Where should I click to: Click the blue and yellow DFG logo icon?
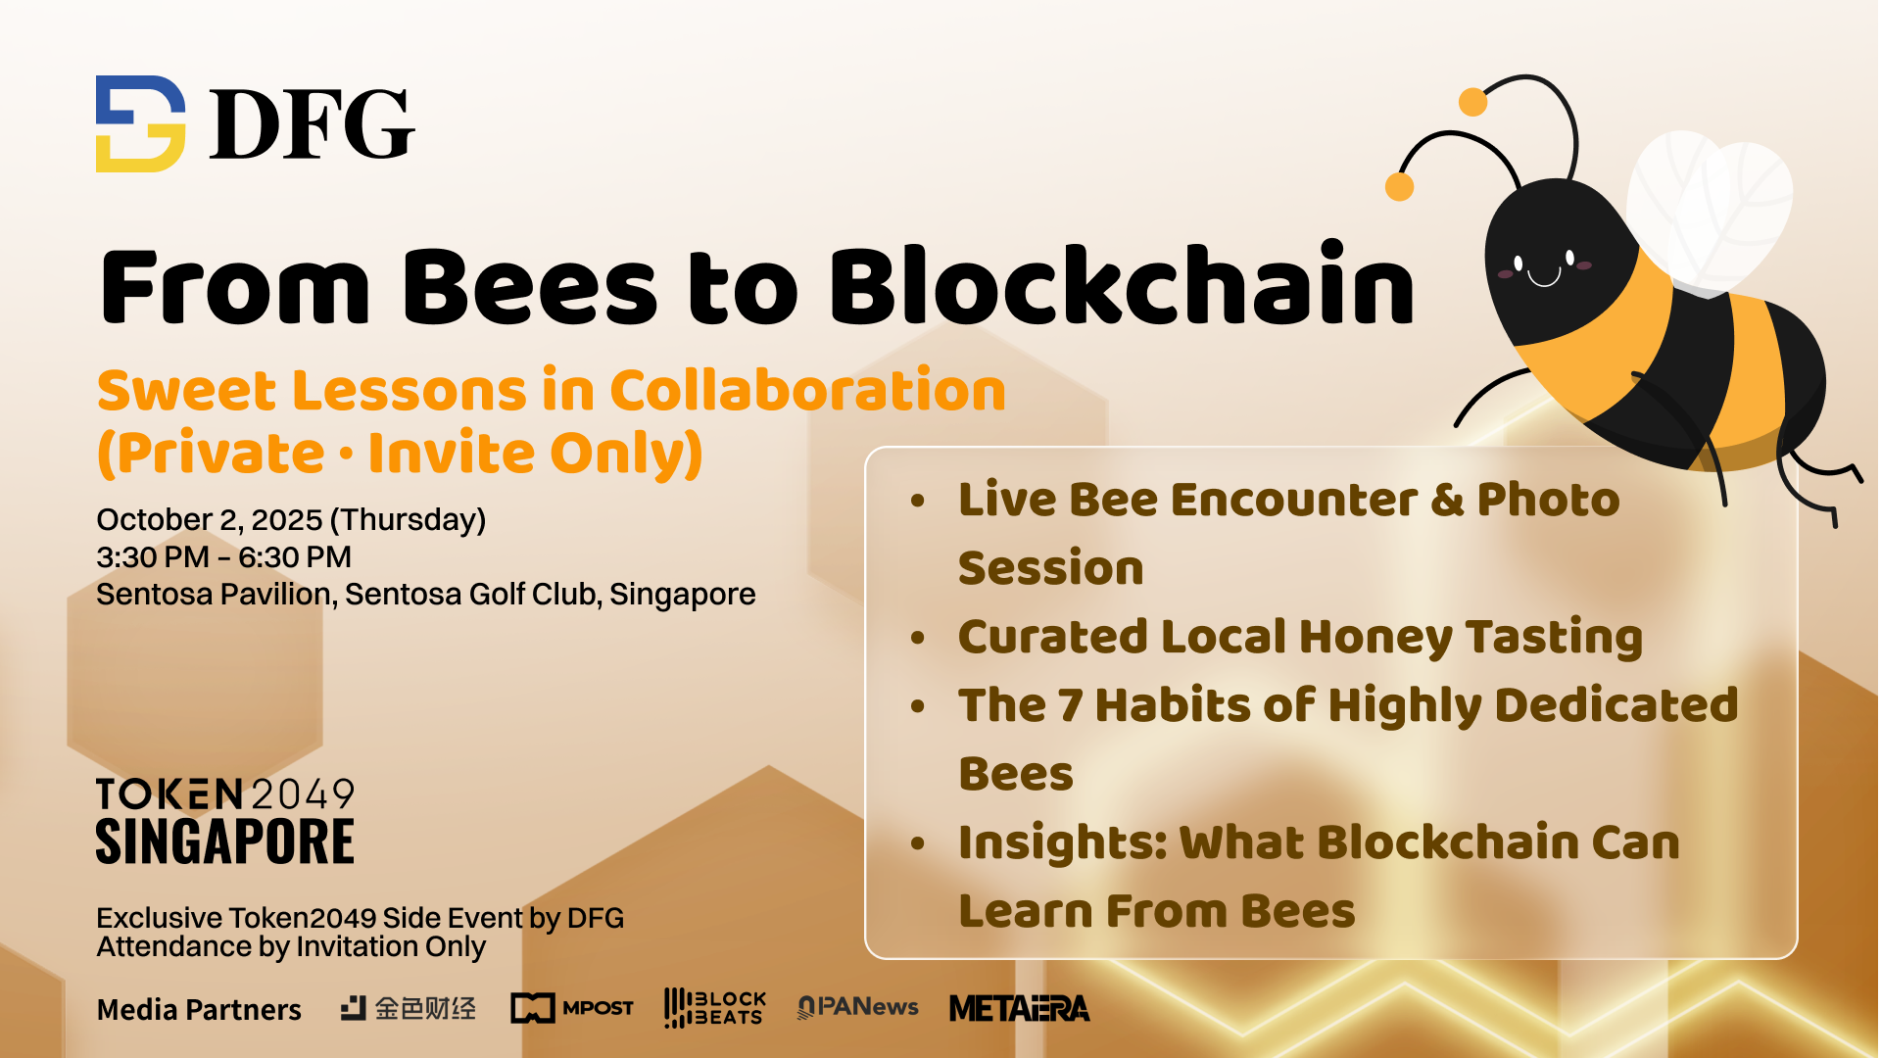pyautogui.click(x=140, y=123)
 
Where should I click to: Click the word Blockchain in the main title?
pyautogui.click(x=1123, y=285)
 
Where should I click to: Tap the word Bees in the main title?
pyautogui.click(x=530, y=287)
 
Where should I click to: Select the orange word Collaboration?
pyautogui.click(x=808, y=390)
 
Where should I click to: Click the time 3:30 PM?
pyautogui.click(x=153, y=557)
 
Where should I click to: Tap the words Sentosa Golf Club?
pyautogui.click(x=470, y=595)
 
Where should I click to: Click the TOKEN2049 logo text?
pyautogui.click(x=225, y=793)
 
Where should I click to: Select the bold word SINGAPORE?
pyautogui.click(x=225, y=842)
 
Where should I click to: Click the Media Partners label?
pyautogui.click(x=199, y=1010)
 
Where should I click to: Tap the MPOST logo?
pyautogui.click(x=572, y=1008)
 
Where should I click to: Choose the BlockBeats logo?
pyautogui.click(x=715, y=1008)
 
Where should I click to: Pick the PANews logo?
pyautogui.click(x=858, y=1007)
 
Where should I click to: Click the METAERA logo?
pyautogui.click(x=1019, y=1008)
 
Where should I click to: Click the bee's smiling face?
pyautogui.click(x=1545, y=267)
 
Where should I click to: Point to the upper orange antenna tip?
pyautogui.click(x=1472, y=102)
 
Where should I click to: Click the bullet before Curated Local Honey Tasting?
pyautogui.click(x=918, y=639)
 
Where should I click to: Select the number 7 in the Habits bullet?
pyautogui.click(x=1070, y=705)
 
